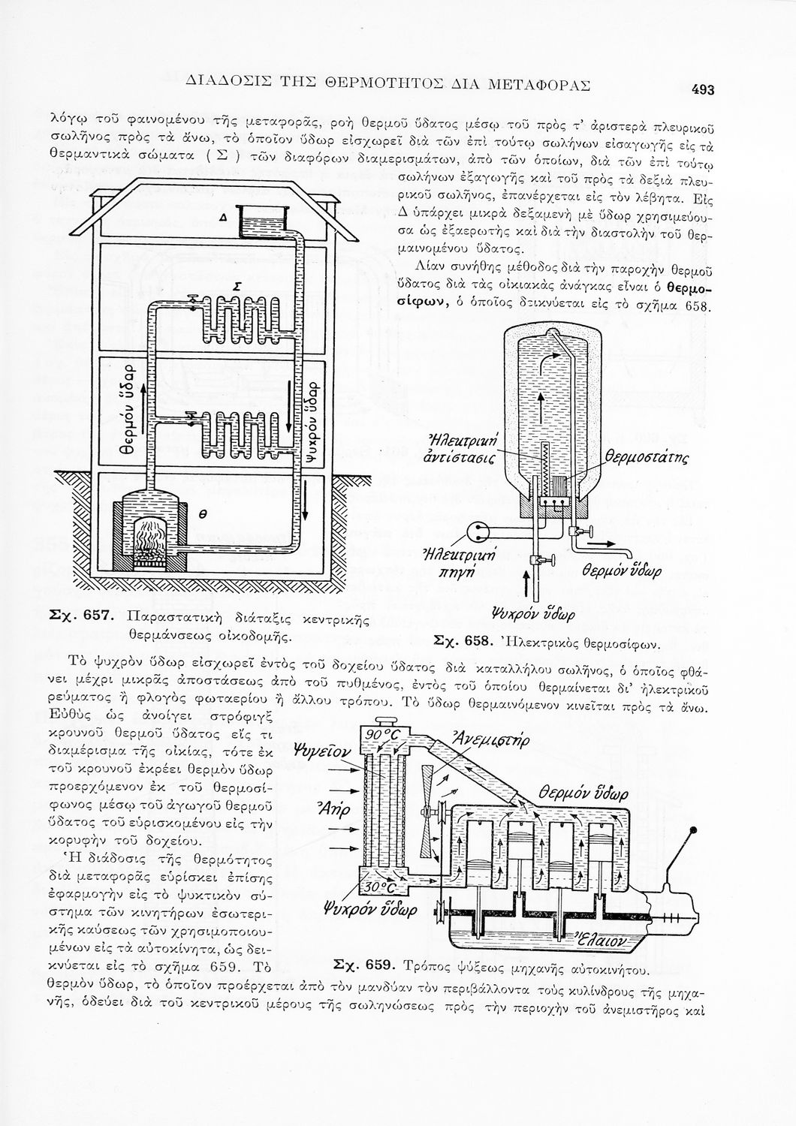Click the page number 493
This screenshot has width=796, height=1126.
coord(702,89)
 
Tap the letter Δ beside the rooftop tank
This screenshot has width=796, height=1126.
coord(223,217)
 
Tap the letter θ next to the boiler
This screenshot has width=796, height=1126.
coord(201,514)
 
